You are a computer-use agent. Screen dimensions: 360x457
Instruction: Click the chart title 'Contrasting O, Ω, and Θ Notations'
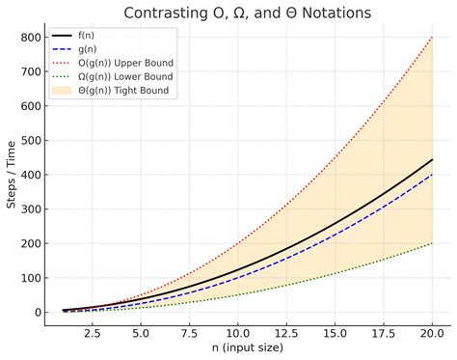pyautogui.click(x=246, y=13)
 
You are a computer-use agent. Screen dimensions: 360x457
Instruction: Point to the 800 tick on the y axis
pyautogui.click(x=34, y=37)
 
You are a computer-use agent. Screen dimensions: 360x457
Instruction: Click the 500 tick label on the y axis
pyautogui.click(x=34, y=140)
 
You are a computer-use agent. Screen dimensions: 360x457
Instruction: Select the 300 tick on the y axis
pyautogui.click(x=34, y=208)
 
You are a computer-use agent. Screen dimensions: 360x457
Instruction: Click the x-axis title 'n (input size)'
pyautogui.click(x=246, y=348)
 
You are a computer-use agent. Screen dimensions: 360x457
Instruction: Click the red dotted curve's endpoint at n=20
pyautogui.click(x=433, y=37)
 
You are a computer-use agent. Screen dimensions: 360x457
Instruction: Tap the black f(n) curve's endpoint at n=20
pyautogui.click(x=433, y=159)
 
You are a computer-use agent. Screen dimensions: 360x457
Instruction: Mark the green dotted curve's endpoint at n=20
pyautogui.click(x=433, y=243)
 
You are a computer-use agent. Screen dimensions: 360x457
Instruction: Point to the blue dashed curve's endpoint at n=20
pyautogui.click(x=433, y=175)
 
